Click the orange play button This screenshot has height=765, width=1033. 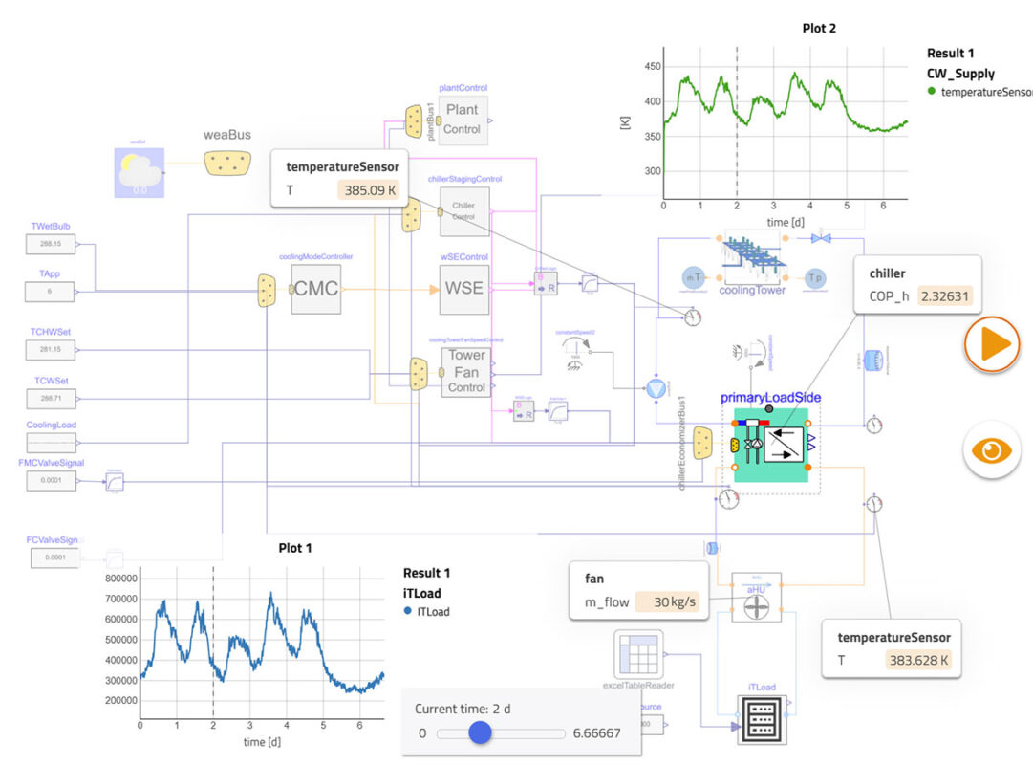point(992,344)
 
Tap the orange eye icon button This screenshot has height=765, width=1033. point(992,448)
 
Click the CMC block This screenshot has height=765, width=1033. point(316,287)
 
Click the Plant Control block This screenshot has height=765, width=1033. point(463,120)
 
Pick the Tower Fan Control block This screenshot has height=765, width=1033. point(466,371)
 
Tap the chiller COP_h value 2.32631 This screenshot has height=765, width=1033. point(944,296)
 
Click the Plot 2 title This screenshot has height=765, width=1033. point(819,29)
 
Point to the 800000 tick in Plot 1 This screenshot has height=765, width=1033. point(120,579)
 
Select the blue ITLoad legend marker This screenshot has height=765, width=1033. point(408,611)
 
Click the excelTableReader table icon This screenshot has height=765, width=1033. point(635,656)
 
